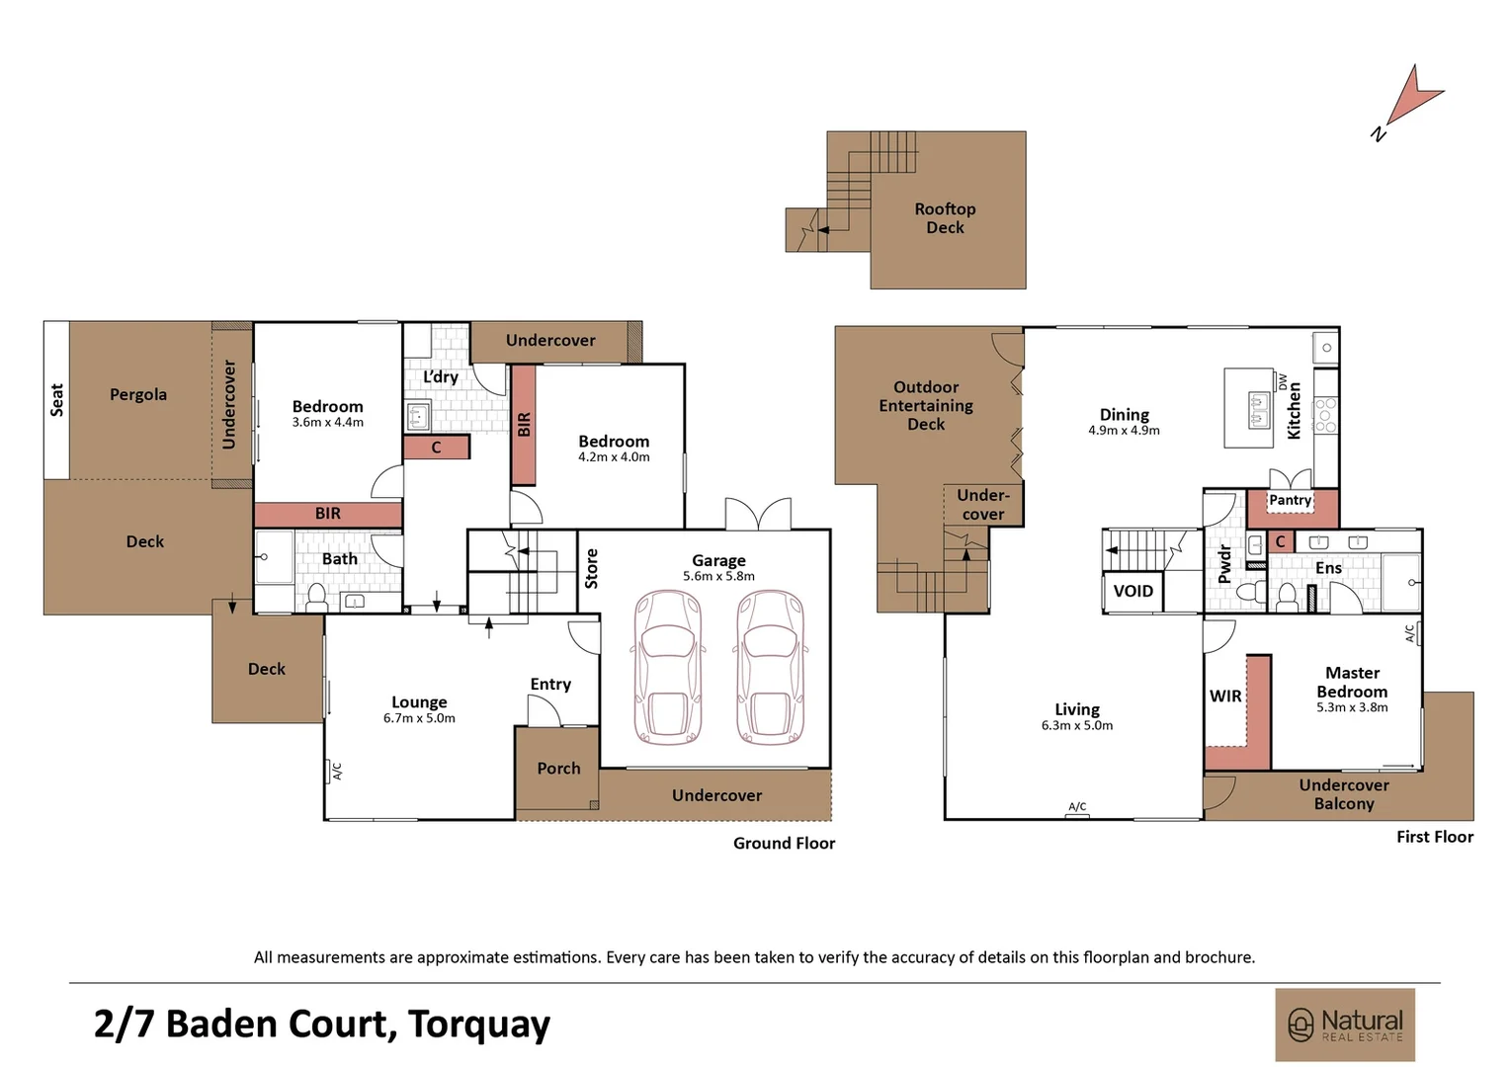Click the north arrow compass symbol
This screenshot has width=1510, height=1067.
[x=1413, y=99]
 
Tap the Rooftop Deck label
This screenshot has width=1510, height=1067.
[x=945, y=218]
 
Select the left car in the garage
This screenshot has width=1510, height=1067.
[x=668, y=666]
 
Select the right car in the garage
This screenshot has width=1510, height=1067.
[x=771, y=666]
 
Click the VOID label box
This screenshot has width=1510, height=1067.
[x=1132, y=592]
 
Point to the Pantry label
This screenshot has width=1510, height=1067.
[x=1290, y=500]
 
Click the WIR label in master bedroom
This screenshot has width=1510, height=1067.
[x=1225, y=697]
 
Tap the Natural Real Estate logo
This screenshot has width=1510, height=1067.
[x=1345, y=1025]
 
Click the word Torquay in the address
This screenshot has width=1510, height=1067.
[x=478, y=1025]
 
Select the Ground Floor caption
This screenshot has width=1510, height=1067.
[x=784, y=843]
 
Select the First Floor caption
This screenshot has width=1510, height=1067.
[x=1434, y=837]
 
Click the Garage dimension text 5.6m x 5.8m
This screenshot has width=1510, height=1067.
[x=718, y=576]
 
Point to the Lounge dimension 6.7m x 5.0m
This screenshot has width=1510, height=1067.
[x=419, y=718]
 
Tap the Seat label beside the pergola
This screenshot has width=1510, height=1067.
[x=57, y=399]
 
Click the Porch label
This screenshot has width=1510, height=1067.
[x=558, y=769]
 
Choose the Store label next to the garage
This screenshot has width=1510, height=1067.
[x=591, y=569]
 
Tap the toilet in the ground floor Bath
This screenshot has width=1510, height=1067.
[x=317, y=597]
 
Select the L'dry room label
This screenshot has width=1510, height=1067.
[x=441, y=377]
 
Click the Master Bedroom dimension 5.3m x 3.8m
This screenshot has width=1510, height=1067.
[x=1352, y=707]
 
